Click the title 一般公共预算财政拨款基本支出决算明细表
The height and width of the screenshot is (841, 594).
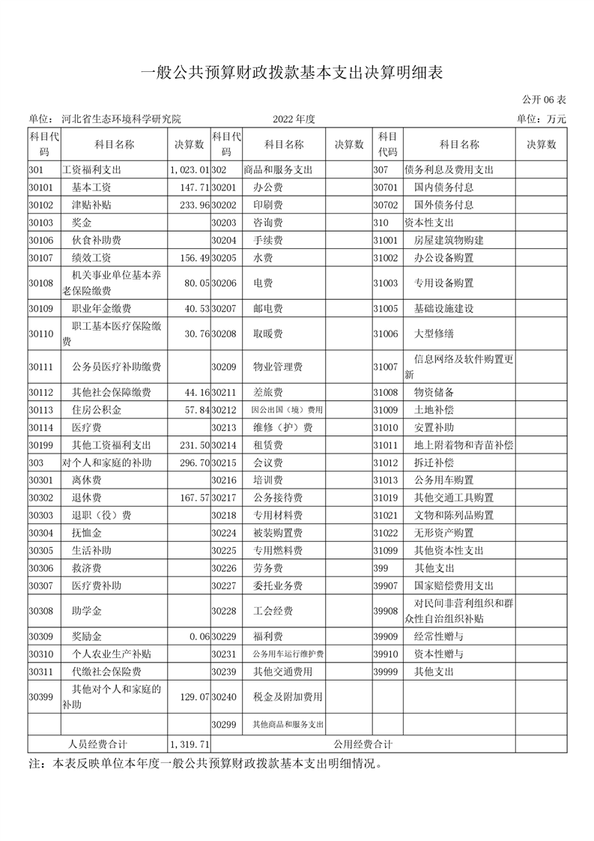tap(293, 72)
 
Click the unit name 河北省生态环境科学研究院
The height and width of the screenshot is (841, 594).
tap(121, 119)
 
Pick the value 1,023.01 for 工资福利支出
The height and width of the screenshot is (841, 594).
tap(190, 170)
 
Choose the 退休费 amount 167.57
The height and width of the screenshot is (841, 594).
tap(193, 498)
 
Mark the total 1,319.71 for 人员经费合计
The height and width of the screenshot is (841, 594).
tap(190, 744)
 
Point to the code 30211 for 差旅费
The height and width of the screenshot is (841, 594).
tap(224, 392)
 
